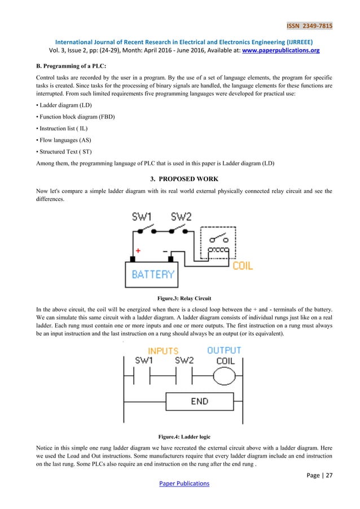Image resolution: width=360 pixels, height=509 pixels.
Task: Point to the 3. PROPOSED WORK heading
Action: pos(180,179)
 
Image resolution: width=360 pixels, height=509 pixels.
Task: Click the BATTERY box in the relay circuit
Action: pos(153,275)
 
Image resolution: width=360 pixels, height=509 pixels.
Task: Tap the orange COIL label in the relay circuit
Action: pos(243,265)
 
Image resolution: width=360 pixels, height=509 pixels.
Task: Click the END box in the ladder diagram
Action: pos(199,402)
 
